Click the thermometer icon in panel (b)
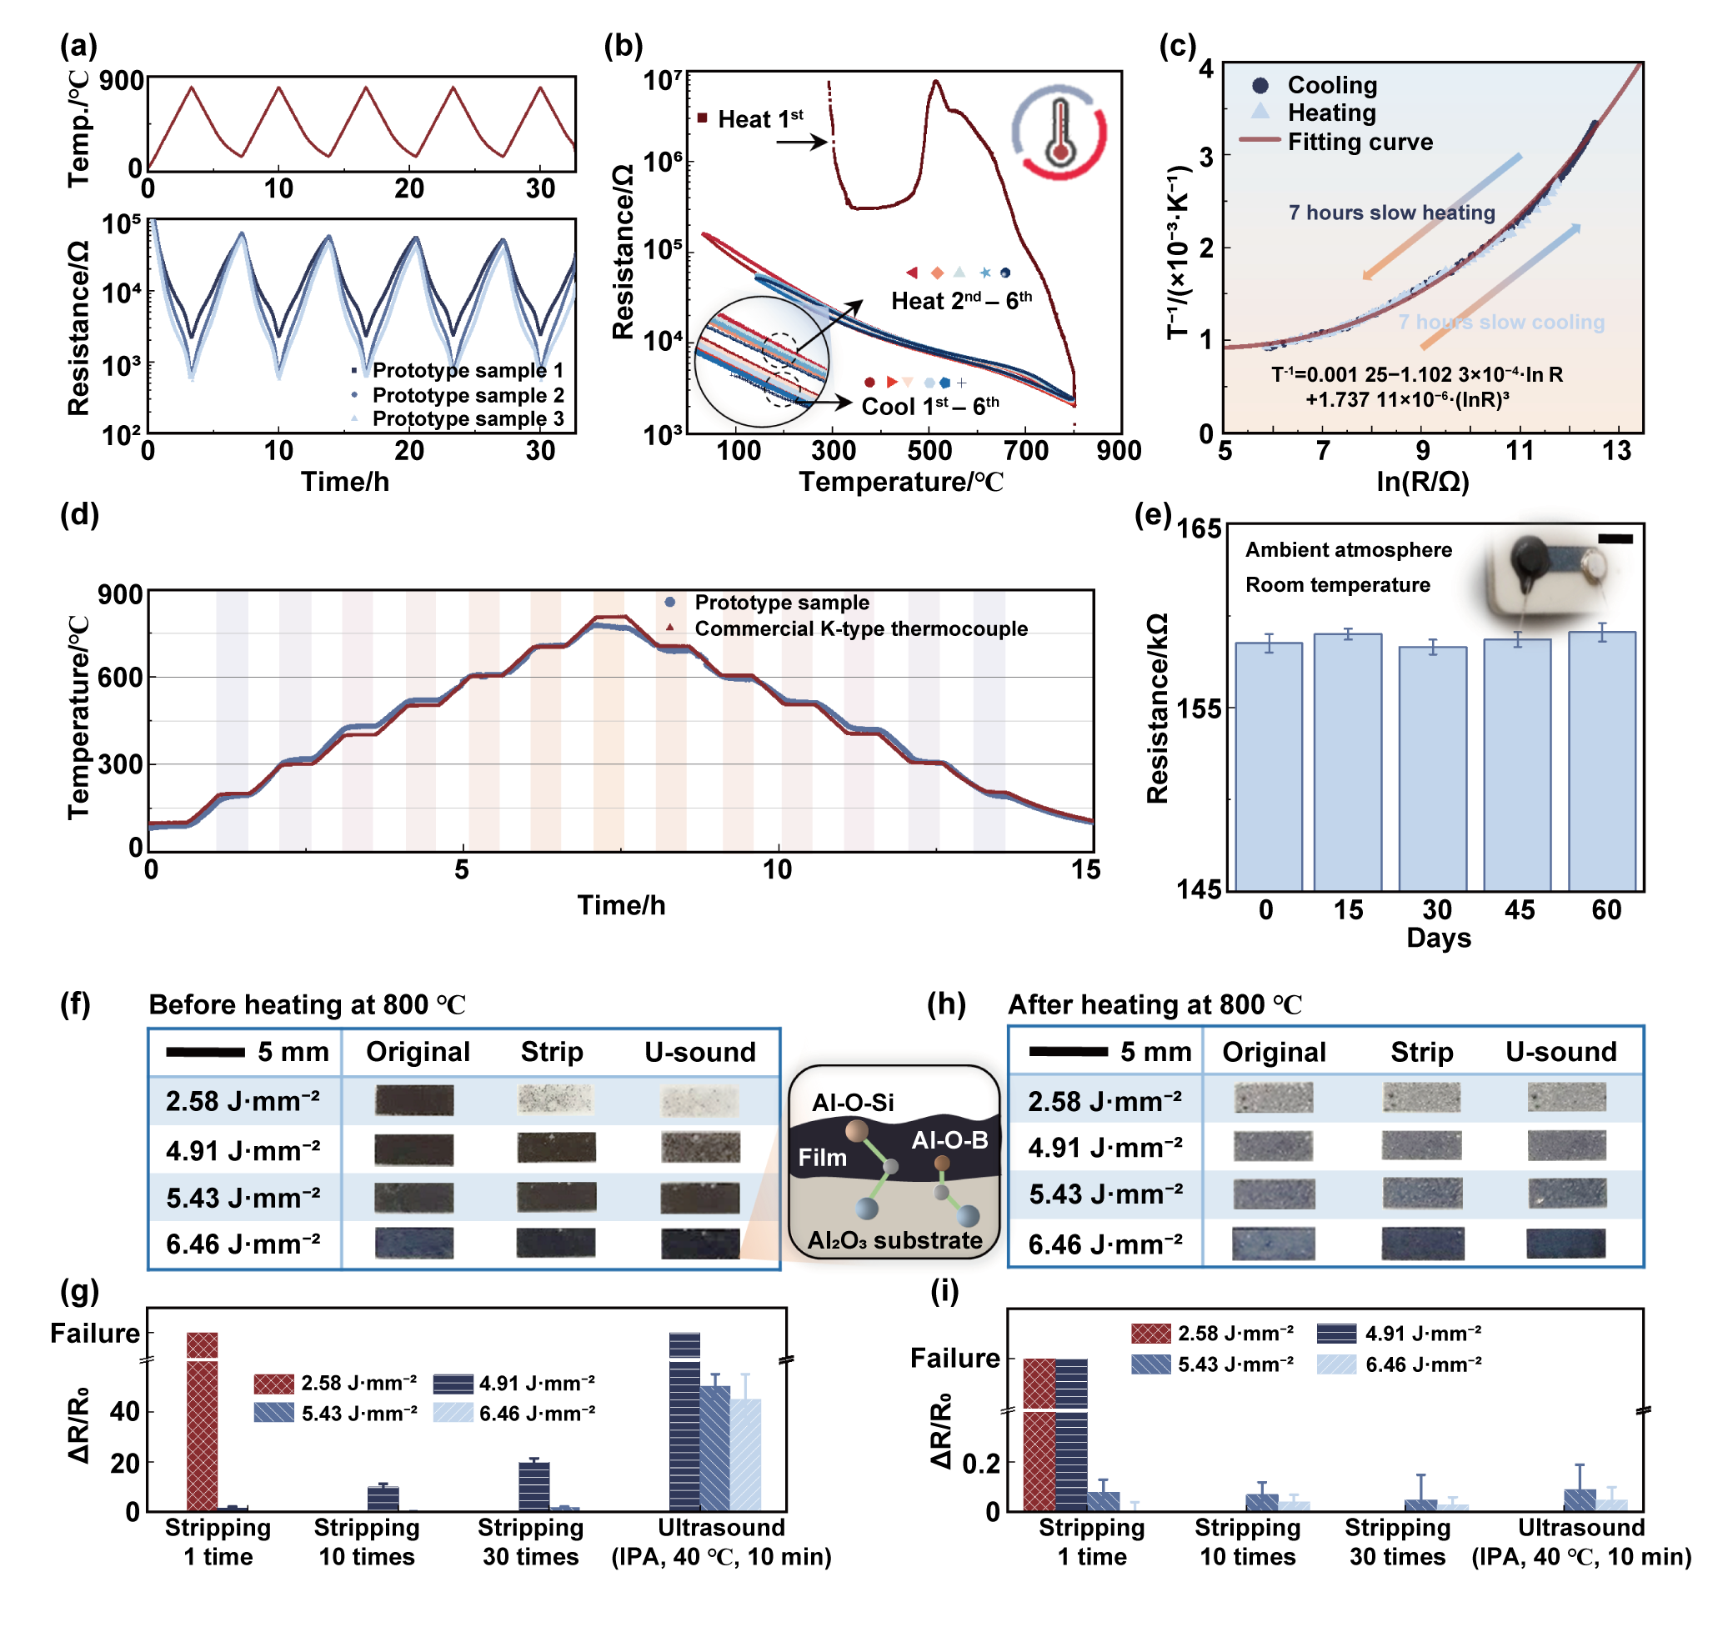1059,133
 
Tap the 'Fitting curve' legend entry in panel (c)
1359,142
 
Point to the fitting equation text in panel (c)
1417,387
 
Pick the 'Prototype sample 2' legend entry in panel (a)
468,395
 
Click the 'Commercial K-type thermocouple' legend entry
860,628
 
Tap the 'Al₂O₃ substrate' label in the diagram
894,1240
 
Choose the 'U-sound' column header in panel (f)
699,1052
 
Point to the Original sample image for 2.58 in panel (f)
414,1099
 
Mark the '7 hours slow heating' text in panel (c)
1391,213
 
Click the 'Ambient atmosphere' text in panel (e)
1349,550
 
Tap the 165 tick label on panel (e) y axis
1199,529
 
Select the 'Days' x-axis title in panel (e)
1438,938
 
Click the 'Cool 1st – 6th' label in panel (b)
929,406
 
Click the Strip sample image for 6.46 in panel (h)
1422,1243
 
